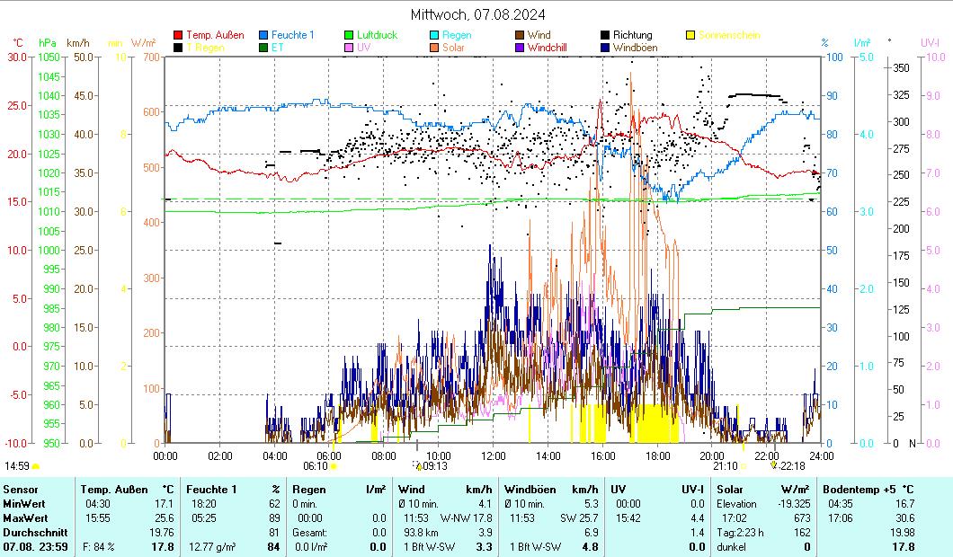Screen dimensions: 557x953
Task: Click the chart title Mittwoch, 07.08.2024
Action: (476, 14)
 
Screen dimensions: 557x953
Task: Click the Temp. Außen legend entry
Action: (215, 35)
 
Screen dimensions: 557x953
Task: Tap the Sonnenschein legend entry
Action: (729, 35)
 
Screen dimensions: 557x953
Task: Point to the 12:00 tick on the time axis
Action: (494, 455)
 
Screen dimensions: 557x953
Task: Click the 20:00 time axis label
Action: (712, 455)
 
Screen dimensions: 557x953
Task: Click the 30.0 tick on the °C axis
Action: (17, 57)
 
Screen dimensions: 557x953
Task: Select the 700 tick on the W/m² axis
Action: (150, 57)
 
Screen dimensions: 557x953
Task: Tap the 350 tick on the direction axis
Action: (899, 67)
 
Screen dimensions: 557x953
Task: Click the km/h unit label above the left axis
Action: (78, 42)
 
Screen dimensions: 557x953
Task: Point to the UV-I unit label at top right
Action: (930, 42)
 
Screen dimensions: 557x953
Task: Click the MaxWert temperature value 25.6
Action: (164, 518)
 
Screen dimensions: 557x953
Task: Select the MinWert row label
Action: (24, 504)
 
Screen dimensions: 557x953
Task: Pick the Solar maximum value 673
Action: (802, 518)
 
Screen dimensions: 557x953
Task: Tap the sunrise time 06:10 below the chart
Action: (315, 466)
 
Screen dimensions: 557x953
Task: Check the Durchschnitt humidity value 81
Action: (274, 533)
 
